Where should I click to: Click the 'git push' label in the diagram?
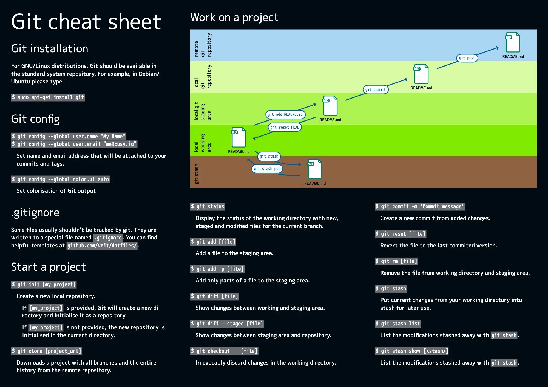[x=467, y=58]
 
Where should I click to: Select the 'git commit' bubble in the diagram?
[x=375, y=89]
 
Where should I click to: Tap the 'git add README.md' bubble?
[x=285, y=114]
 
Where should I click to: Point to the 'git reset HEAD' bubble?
[x=285, y=127]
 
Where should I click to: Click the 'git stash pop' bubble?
[x=267, y=169]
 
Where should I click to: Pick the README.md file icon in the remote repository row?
[x=513, y=42]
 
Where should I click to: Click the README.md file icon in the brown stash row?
[x=314, y=169]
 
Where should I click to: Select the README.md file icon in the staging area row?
[x=330, y=106]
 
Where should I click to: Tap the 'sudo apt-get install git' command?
[x=48, y=97]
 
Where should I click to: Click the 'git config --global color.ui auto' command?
[x=60, y=180]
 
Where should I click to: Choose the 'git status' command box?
[x=208, y=207]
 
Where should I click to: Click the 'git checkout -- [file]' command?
[x=225, y=351]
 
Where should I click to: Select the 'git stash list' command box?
[x=397, y=324]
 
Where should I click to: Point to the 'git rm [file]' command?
[x=396, y=261]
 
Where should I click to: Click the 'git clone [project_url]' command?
[x=47, y=351]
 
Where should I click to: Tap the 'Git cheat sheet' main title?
[x=86, y=22]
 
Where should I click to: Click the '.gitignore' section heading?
[x=35, y=213]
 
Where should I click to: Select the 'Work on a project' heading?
[x=234, y=18]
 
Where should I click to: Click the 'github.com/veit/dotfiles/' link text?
[x=102, y=246]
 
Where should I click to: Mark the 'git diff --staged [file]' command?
[x=227, y=324]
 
